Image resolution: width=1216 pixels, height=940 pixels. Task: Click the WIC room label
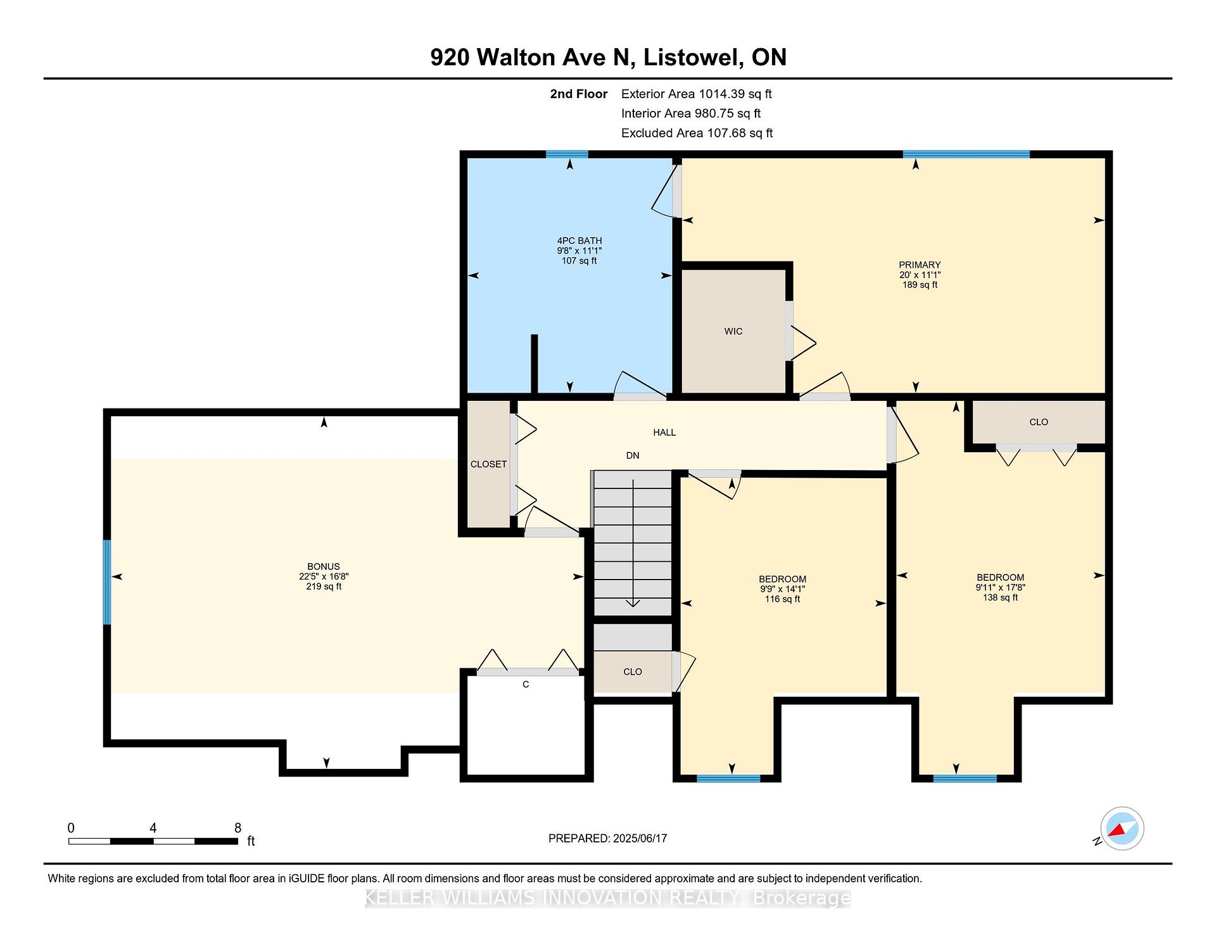point(733,331)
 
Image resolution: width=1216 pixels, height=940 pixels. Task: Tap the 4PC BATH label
point(579,241)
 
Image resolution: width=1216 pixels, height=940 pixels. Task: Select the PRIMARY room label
point(920,265)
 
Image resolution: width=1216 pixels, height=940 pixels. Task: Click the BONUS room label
point(324,566)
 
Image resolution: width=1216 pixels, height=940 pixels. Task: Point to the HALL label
point(664,432)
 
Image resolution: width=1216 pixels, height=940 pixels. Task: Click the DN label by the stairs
point(633,455)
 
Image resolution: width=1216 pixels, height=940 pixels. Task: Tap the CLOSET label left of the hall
point(488,464)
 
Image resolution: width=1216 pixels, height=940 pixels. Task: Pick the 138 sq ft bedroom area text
point(1000,597)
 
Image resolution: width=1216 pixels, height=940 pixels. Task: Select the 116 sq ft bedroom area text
point(782,599)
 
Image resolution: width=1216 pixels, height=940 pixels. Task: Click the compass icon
point(1122,829)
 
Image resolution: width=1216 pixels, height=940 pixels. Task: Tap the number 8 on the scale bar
point(237,828)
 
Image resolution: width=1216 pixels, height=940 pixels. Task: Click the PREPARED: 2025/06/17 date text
point(607,838)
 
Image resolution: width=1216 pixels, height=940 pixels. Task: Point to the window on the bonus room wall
point(107,582)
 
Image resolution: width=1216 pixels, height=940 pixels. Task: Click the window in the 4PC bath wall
point(567,154)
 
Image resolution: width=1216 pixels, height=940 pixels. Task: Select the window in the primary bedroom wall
point(966,154)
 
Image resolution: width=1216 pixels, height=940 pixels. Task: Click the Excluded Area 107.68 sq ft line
point(697,133)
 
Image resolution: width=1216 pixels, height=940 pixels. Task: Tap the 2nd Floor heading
point(578,94)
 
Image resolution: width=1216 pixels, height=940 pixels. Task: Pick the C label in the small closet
point(526,684)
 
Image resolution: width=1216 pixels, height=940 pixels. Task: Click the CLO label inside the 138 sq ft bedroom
point(1039,422)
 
